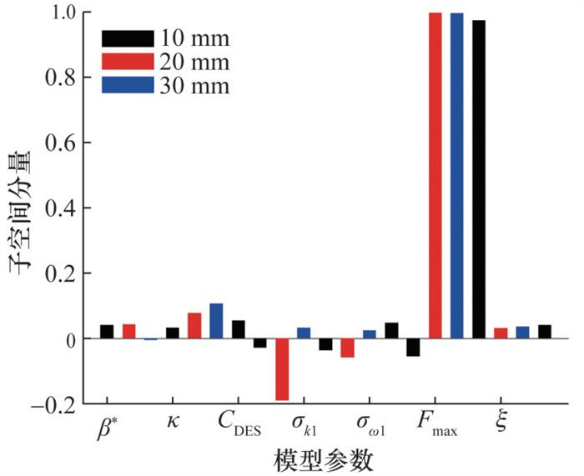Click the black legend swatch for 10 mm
pyautogui.click(x=127, y=38)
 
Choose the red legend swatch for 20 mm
pyautogui.click(x=127, y=61)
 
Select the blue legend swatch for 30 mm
pyautogui.click(x=127, y=84)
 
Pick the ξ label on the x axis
pyautogui.click(x=500, y=426)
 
